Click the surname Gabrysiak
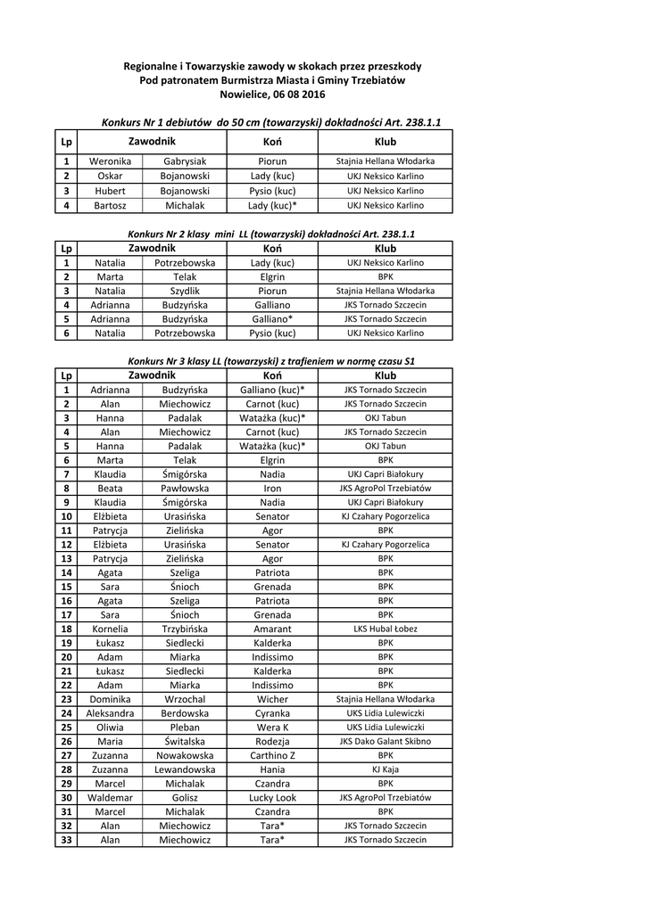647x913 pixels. coord(185,162)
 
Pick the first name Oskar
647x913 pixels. coord(110,177)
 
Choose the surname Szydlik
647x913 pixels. coord(185,291)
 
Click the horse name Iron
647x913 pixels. coord(272,489)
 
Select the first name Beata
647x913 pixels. coord(110,489)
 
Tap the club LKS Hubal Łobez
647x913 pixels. coord(386,629)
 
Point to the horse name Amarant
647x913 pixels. coord(272,629)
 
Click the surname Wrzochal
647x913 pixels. coord(185,700)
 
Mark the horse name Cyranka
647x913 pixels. coord(272,713)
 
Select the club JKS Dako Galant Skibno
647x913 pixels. coord(386,742)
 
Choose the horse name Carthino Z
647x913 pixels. coord(272,755)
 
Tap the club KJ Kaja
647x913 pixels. coord(386,769)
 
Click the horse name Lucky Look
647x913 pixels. coord(272,798)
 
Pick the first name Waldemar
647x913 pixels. coord(110,798)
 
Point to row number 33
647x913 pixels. coord(66,840)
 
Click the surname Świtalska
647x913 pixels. coord(185,742)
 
